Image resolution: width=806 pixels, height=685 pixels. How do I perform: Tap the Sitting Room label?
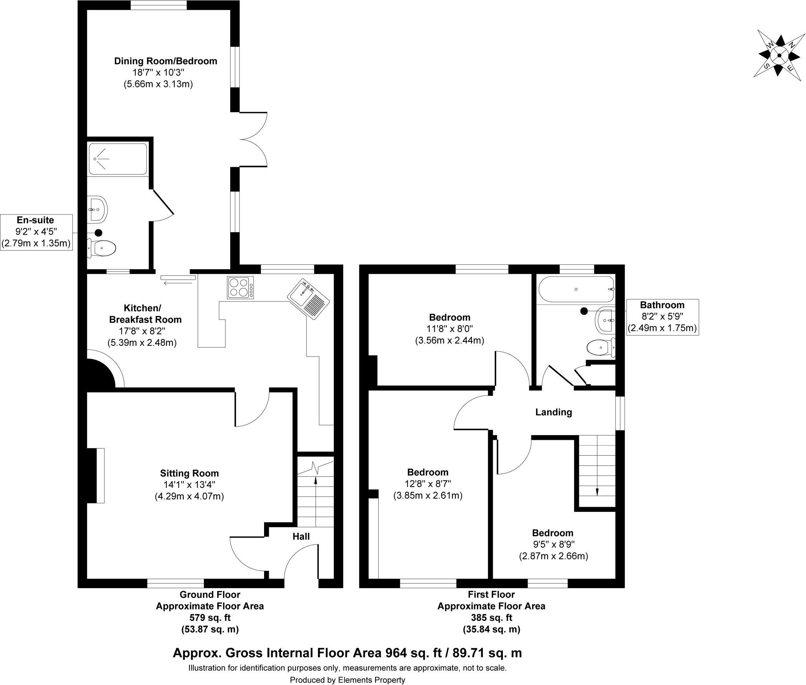click(x=189, y=473)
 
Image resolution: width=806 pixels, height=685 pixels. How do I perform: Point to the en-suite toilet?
click(x=102, y=248)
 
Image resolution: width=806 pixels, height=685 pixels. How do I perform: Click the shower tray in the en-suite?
click(x=118, y=159)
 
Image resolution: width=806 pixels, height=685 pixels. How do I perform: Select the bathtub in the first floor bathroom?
click(x=576, y=289)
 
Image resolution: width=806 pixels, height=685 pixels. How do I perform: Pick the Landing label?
click(x=553, y=412)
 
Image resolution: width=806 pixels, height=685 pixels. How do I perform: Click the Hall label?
click(x=301, y=536)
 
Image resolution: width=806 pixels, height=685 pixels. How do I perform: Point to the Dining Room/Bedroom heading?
click(x=165, y=61)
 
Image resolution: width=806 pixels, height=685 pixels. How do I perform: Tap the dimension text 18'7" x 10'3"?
click(x=159, y=72)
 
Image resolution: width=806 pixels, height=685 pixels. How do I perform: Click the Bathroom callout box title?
click(x=662, y=305)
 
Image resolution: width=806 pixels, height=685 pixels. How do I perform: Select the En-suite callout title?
click(x=35, y=220)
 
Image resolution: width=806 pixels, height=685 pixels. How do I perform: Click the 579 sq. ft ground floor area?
click(x=210, y=617)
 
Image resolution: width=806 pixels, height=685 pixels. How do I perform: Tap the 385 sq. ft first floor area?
click(x=491, y=617)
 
